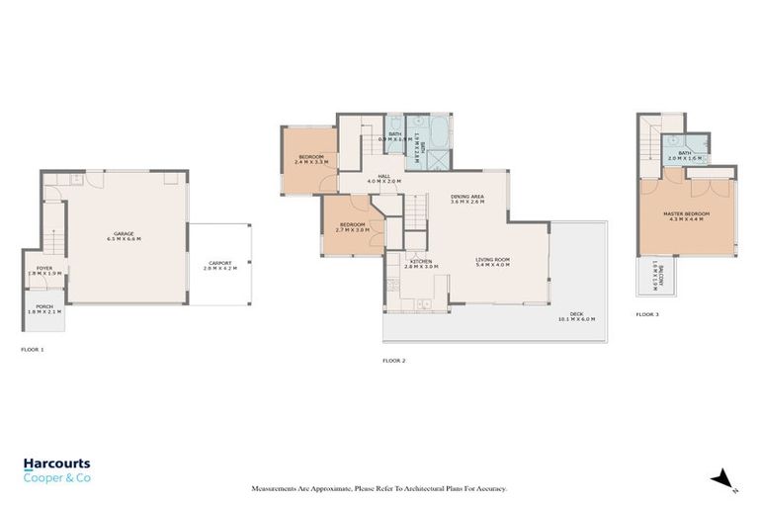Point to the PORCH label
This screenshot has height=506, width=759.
[44, 309]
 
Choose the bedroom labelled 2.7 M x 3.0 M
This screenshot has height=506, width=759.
[353, 227]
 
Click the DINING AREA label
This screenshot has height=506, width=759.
[466, 199]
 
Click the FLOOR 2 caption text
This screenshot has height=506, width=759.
[394, 360]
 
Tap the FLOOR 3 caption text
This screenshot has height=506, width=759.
[647, 314]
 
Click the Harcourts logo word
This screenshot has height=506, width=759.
[57, 463]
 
